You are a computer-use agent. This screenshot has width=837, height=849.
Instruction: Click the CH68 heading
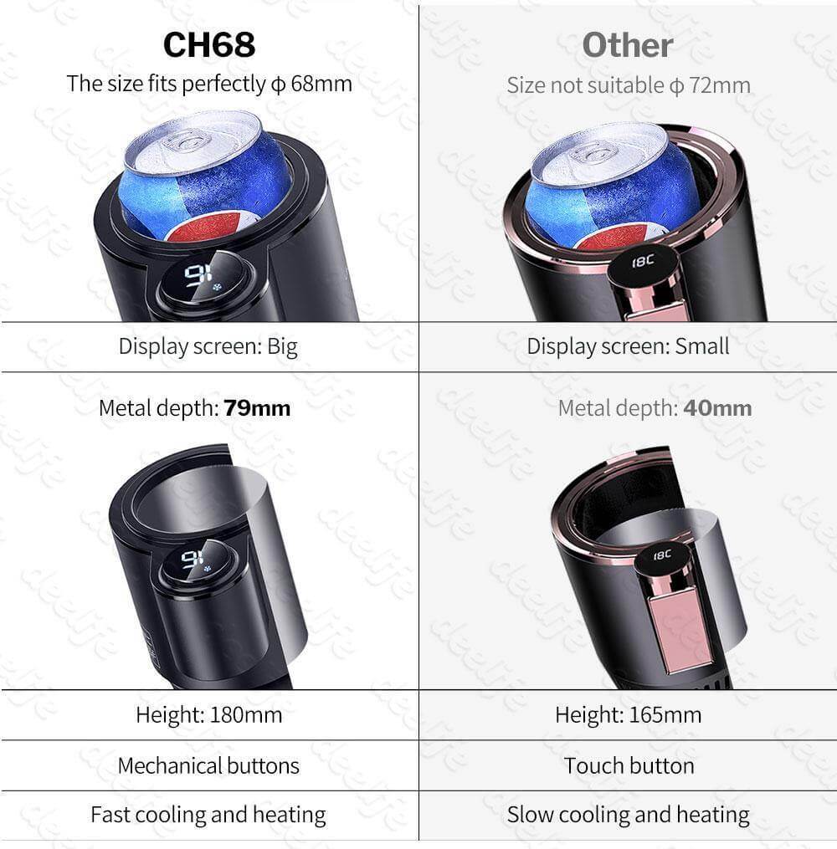pos(209,44)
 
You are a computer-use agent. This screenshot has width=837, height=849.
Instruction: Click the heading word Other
pos(628,45)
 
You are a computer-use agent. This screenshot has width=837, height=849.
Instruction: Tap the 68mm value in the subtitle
pos(321,84)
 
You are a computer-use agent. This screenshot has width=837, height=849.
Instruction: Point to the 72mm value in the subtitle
pos(720,85)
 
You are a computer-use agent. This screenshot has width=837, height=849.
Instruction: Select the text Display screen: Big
pos(208,346)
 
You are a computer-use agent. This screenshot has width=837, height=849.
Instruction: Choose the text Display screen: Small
pos(628,346)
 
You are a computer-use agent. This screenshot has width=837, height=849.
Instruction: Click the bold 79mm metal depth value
pos(257,408)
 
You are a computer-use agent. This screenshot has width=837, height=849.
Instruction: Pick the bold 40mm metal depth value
pos(717,408)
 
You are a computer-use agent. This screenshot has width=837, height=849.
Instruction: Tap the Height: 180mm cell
pos(209,714)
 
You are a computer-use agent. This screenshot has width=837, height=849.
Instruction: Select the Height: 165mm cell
pos(628,714)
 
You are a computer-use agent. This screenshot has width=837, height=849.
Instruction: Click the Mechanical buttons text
pos(208,765)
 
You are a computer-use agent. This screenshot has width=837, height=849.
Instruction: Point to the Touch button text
pos(629,765)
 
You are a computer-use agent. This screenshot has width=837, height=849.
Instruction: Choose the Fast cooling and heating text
pos(208,815)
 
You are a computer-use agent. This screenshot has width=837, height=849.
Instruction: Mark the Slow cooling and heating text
pos(629,815)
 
